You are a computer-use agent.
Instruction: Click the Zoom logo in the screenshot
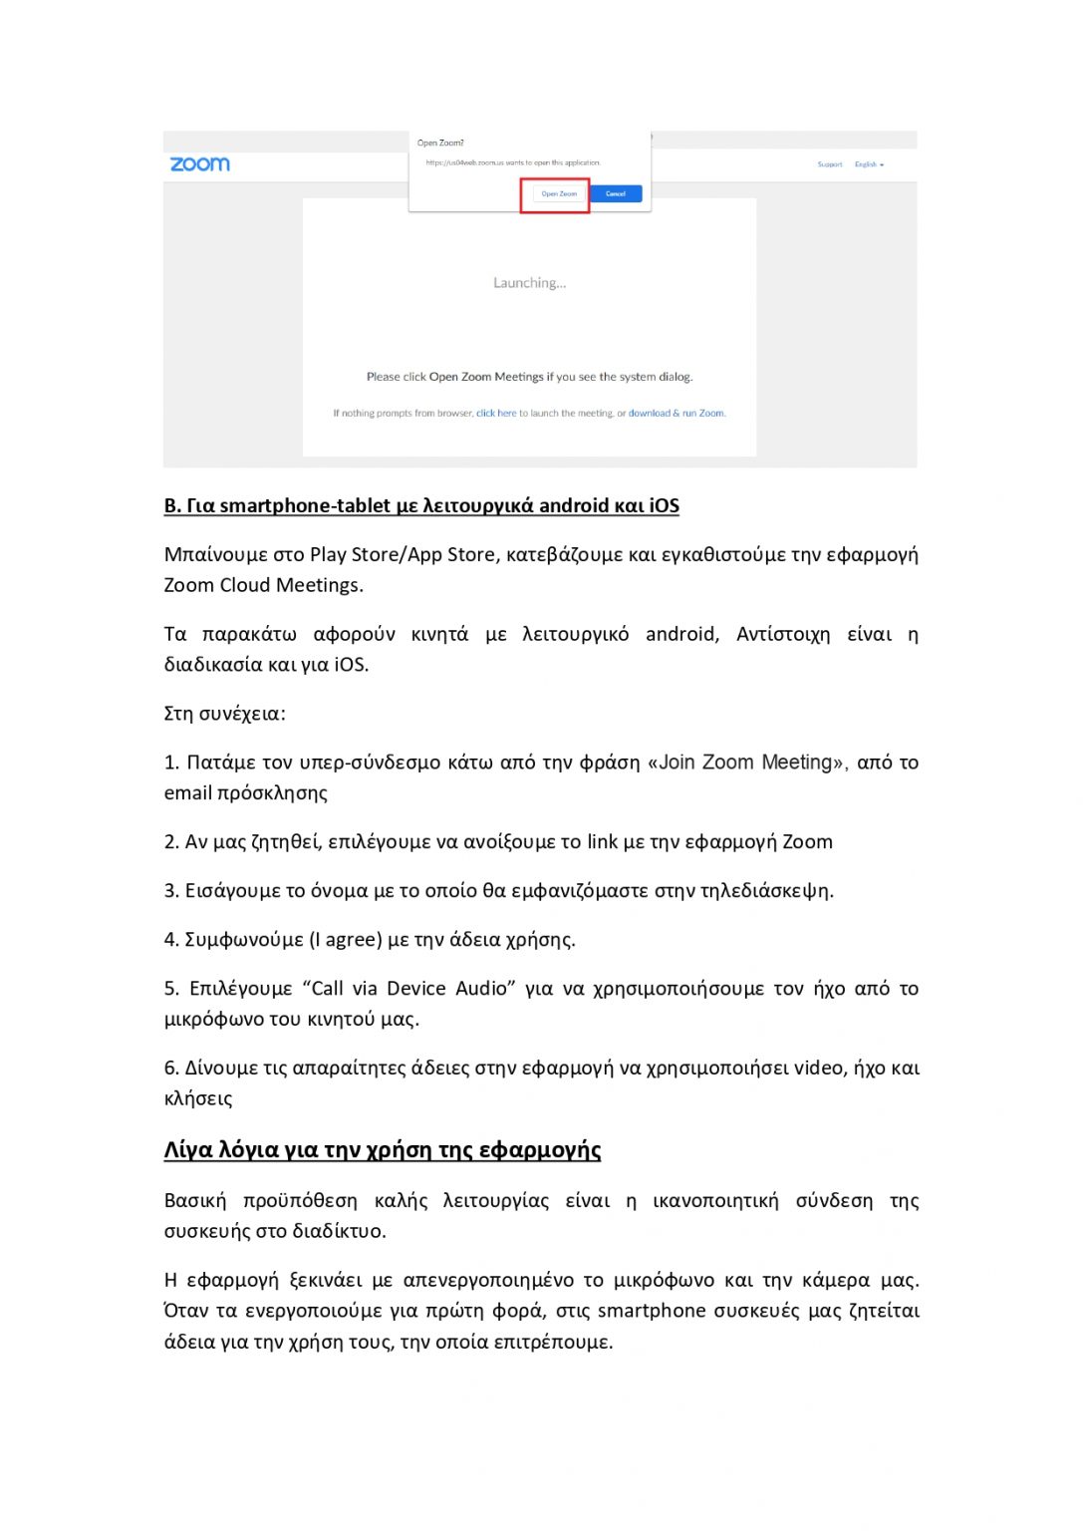coord(199,164)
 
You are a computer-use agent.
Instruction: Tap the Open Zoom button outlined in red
coord(559,194)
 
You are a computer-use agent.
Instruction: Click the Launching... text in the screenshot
coord(529,283)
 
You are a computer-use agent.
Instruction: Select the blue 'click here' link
coord(496,414)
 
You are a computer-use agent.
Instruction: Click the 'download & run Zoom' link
coord(677,414)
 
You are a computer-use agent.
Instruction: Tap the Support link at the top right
coord(830,164)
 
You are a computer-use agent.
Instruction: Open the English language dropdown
coord(869,164)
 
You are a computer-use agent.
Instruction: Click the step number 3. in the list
coord(171,891)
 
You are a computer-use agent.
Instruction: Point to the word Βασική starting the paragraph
coord(195,1201)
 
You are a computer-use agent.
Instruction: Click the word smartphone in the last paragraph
coord(652,1311)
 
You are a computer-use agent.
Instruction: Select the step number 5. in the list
coord(171,989)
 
